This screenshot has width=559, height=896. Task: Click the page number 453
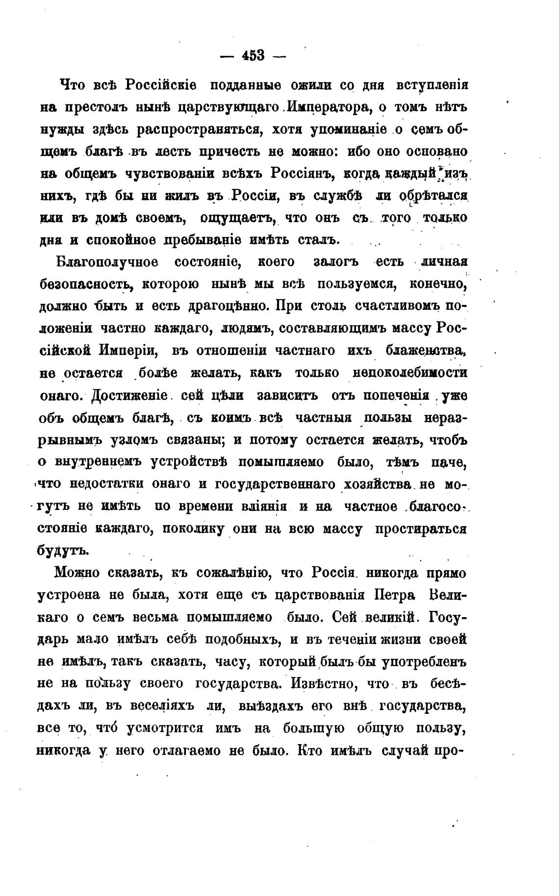[253, 55]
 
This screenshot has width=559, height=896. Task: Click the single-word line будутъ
[63, 550]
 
